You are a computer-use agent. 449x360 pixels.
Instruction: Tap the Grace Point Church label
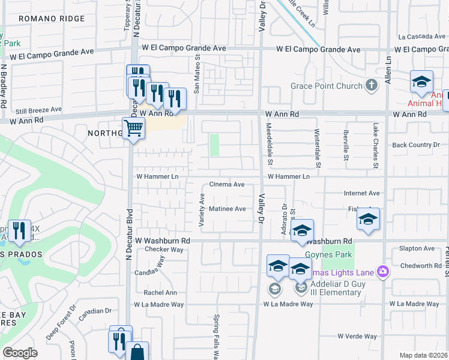point(327,86)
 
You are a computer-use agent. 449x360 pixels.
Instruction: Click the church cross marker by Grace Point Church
point(372,85)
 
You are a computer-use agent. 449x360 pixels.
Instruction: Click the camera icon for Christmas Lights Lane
point(383,272)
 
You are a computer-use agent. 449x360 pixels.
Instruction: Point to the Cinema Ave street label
point(226,185)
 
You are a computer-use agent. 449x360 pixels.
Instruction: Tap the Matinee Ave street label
point(228,209)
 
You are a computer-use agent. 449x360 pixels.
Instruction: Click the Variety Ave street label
point(202,210)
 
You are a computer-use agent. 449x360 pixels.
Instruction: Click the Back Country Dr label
point(420,145)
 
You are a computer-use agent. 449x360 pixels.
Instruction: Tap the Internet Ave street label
point(362,193)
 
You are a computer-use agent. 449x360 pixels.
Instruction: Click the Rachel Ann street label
point(160,293)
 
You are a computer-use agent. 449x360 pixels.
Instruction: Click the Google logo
point(20,353)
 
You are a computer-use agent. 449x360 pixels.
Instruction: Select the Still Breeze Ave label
point(38,110)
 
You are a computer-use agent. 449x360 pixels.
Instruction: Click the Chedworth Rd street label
point(420,265)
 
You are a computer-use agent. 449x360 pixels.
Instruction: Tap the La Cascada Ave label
point(419,36)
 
